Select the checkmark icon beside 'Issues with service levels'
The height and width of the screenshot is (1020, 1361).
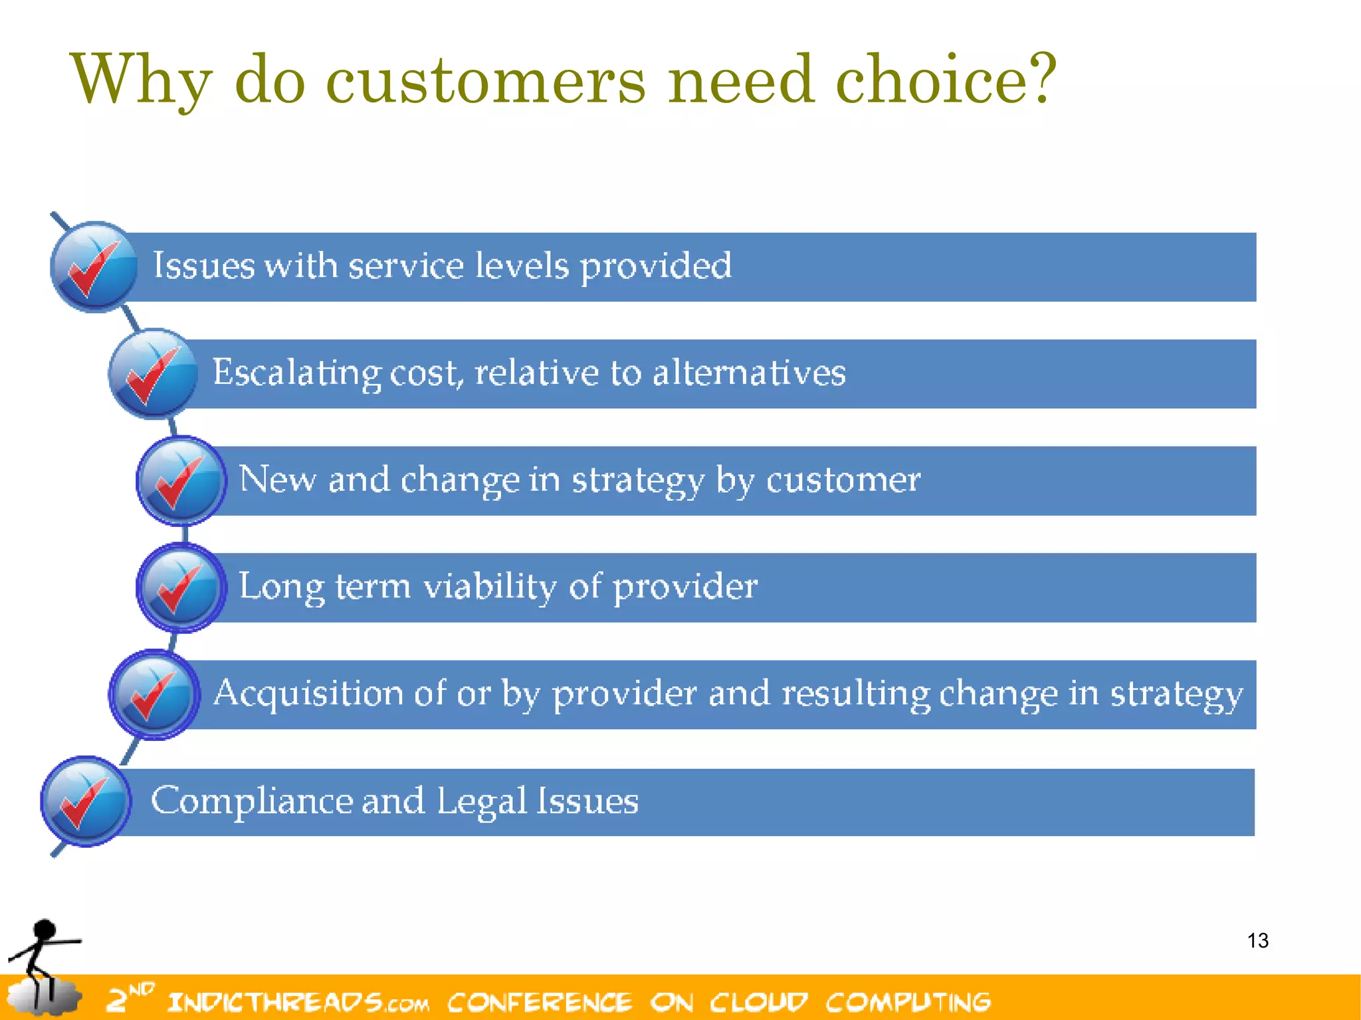pos(94,266)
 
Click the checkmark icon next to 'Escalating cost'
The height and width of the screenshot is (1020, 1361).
pos(153,373)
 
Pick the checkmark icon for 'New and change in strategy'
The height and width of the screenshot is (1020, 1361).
pos(181,480)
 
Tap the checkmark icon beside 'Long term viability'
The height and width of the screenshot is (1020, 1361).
pos(181,587)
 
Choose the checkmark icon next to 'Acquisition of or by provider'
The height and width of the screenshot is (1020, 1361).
pos(154,694)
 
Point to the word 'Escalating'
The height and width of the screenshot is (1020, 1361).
pos(296,372)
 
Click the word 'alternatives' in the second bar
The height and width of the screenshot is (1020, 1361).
pos(749,372)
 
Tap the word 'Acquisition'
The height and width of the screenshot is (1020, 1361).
pos(308,693)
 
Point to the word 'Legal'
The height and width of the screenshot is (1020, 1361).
pos(482,801)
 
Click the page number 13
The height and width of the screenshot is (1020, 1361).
pos(1257,941)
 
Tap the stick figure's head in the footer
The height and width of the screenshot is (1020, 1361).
pos(45,930)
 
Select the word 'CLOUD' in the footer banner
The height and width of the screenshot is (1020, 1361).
pos(758,1002)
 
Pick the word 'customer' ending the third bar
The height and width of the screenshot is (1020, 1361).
pos(843,479)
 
